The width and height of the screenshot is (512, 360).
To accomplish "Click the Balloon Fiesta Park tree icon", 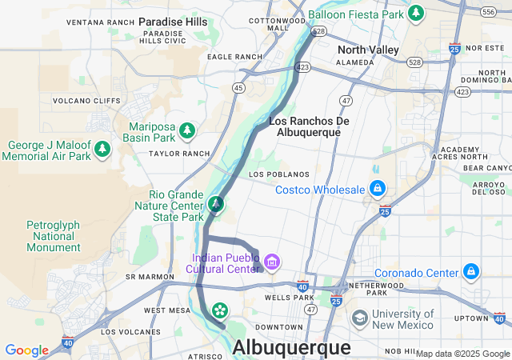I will point(415,14).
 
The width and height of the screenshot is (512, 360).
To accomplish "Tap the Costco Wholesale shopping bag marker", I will point(377,190).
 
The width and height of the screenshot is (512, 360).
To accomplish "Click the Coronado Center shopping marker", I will point(471,272).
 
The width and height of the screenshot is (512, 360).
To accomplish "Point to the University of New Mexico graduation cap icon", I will point(360,318).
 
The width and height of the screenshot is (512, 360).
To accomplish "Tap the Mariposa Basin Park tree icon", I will point(186,130).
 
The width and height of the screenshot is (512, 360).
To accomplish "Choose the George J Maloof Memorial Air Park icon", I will point(102,150).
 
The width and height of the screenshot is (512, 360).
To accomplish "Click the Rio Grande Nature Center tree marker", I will point(215,205).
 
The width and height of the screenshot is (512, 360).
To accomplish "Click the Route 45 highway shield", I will point(238,87).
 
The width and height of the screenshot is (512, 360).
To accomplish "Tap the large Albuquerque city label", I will point(291,348).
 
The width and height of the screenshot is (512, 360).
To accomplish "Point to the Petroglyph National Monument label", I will point(54,236).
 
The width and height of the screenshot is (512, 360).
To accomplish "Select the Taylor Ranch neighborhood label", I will point(179,154).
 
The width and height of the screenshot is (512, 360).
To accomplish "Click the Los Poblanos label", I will point(278,174).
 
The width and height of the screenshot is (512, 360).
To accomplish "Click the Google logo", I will point(26,350).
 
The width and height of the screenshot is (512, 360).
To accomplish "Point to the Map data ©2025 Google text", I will point(462,354).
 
